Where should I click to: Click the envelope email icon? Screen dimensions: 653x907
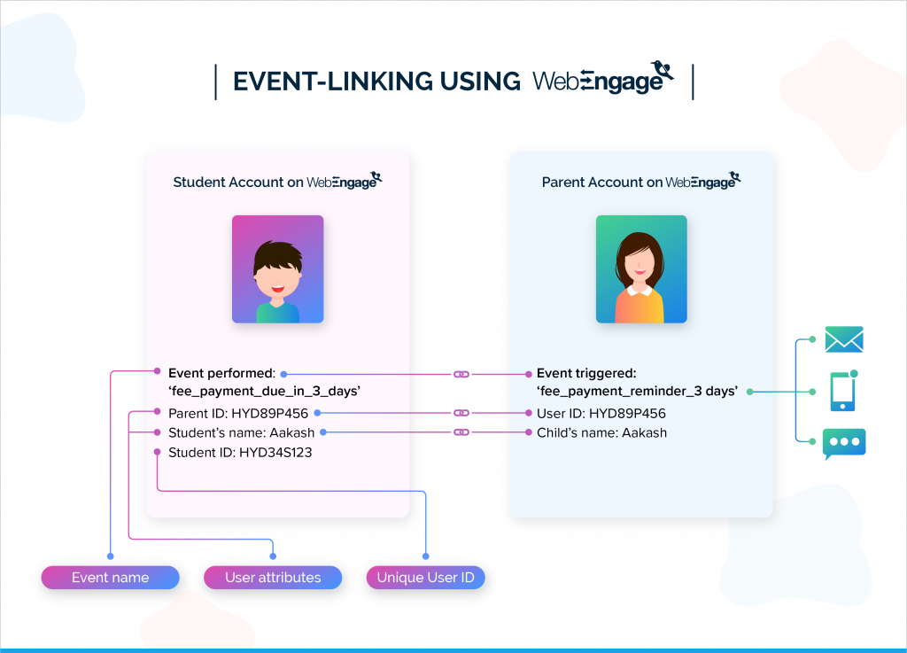point(843,339)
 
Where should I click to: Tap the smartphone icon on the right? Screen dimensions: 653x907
point(843,391)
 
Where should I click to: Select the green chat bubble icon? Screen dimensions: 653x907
point(843,442)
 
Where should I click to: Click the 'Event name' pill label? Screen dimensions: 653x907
point(110,578)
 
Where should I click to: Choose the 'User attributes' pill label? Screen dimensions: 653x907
point(273,578)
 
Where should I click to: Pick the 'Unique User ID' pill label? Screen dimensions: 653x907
point(426,578)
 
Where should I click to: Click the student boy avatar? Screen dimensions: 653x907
point(277,269)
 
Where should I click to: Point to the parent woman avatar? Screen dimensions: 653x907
point(641,269)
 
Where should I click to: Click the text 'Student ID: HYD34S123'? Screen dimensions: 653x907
point(240,453)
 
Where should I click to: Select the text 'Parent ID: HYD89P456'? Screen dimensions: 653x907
point(238,413)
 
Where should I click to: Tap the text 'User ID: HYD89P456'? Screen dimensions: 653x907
point(601,413)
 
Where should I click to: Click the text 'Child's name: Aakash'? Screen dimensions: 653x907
point(601,433)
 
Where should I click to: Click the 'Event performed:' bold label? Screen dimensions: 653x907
point(222,374)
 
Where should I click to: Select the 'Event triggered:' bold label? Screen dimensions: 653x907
point(587,374)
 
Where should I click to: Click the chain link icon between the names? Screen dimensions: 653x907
point(461,433)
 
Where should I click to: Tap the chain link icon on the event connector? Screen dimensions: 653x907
point(461,375)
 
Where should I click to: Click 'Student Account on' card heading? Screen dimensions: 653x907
point(237,183)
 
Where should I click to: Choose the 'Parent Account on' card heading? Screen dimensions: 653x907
point(602,183)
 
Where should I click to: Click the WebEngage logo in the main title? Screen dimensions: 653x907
point(602,80)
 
